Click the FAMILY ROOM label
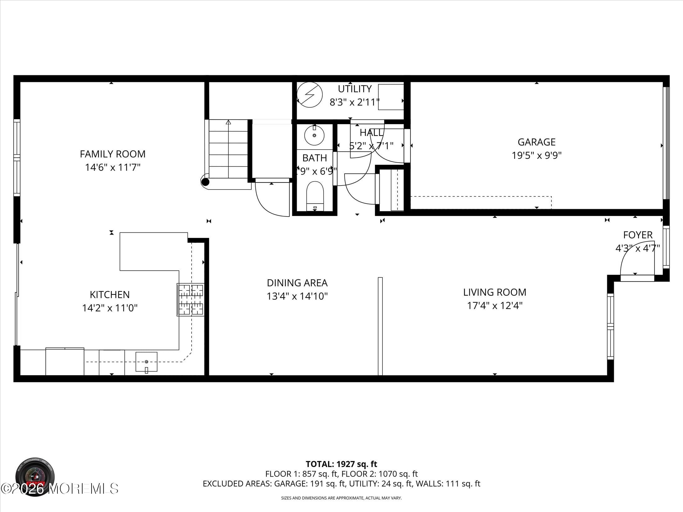point(112,154)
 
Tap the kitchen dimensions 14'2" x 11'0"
point(110,308)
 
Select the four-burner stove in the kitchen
point(190,300)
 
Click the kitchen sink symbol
point(146,362)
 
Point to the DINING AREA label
point(297,283)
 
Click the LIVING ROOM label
point(495,292)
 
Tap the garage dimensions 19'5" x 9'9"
point(536,155)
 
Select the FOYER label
point(638,235)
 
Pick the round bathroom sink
point(314,136)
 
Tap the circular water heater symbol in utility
point(310,95)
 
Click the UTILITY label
point(355,89)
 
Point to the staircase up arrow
point(228,122)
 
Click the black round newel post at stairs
point(205,182)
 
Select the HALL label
point(371,133)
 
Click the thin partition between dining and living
point(380,326)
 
